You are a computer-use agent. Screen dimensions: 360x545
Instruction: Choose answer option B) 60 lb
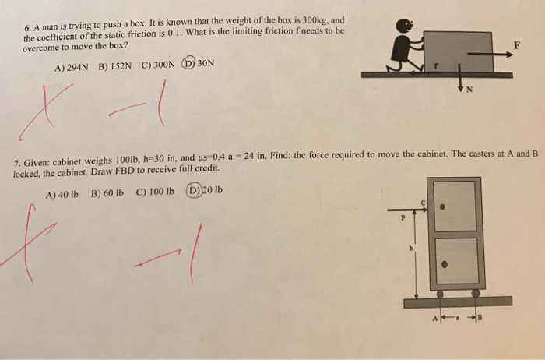108,190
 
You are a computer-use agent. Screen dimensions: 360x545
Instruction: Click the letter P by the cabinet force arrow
403,220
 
